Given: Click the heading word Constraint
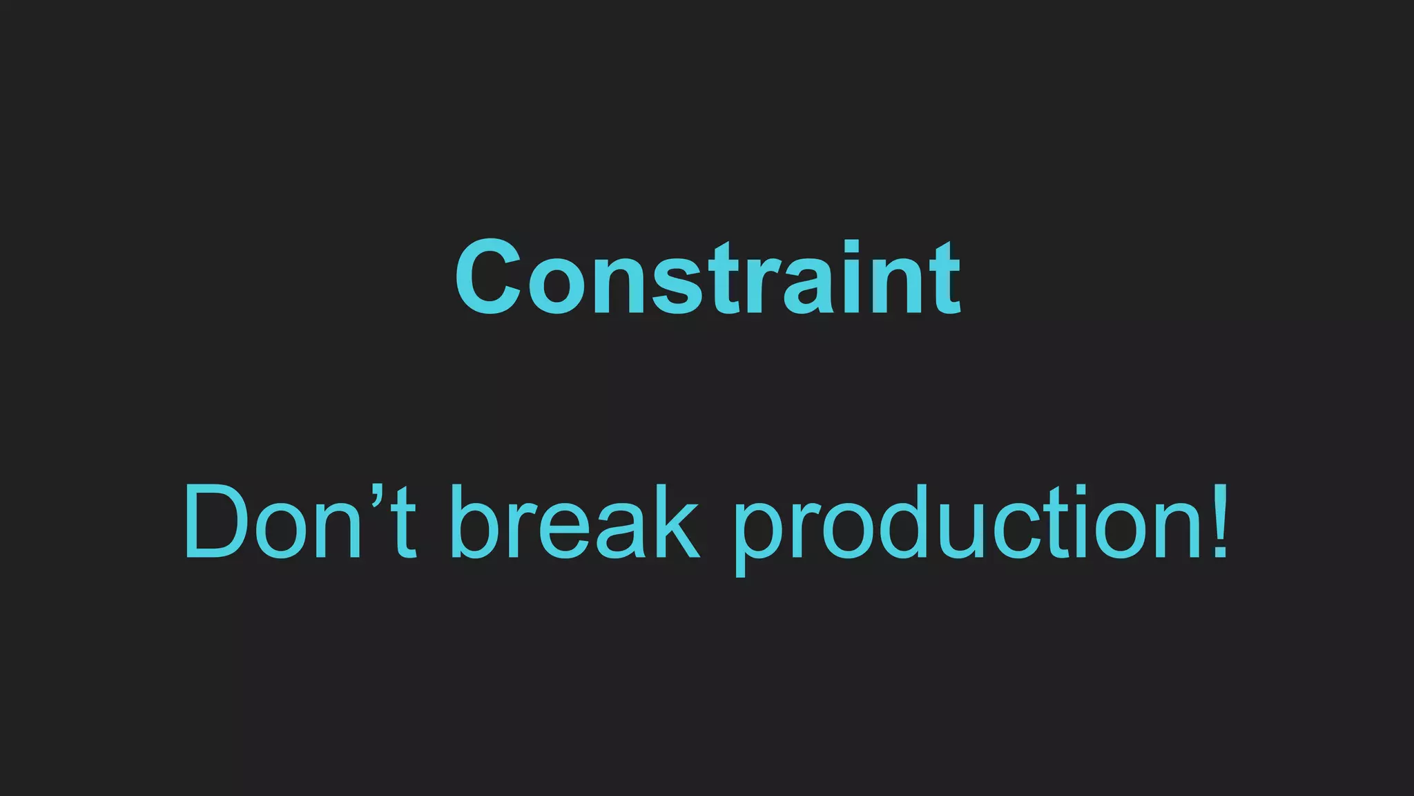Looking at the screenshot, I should coord(708,277).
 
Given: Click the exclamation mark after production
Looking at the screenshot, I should coord(1220,521).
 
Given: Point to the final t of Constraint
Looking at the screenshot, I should coord(945,280).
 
